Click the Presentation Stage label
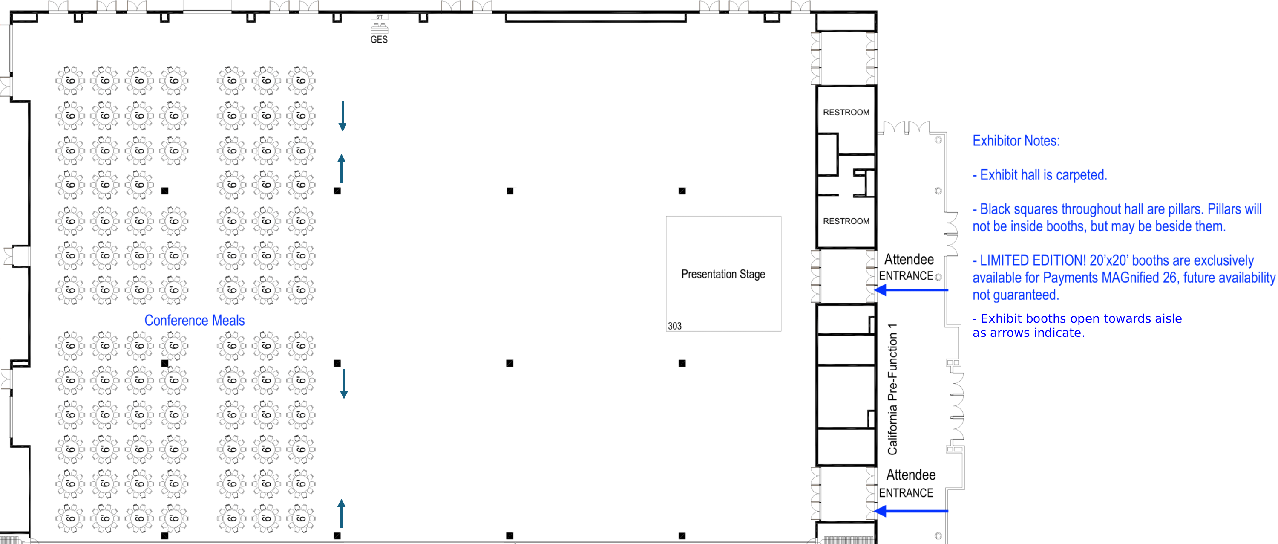click(723, 274)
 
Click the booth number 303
click(674, 326)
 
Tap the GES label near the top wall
click(379, 40)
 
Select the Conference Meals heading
click(195, 321)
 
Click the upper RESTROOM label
click(846, 113)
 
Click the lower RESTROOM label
click(846, 221)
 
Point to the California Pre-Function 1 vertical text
click(892, 389)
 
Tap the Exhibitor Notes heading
click(1016, 141)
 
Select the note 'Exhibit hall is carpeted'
click(1040, 175)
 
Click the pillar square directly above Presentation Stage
click(682, 191)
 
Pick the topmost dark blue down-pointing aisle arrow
click(343, 117)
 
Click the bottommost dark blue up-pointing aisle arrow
click(341, 513)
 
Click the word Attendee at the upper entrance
click(909, 260)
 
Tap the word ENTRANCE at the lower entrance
click(906, 493)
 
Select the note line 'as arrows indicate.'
click(1028, 333)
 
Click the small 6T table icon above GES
click(379, 17)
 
